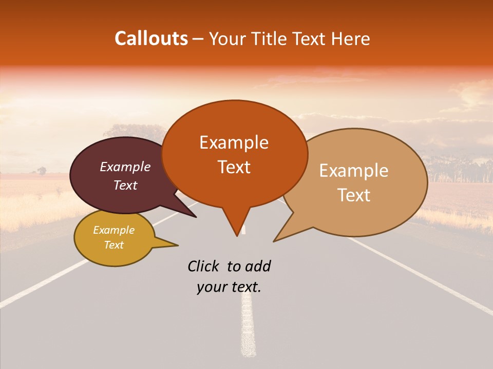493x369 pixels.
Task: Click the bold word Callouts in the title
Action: tap(151, 38)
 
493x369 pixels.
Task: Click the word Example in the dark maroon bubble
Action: tap(125, 167)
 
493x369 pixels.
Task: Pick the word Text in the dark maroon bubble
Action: tap(125, 185)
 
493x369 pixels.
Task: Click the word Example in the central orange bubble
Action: tap(234, 142)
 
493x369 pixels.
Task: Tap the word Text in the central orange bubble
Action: tap(234, 167)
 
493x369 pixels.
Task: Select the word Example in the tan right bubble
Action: tap(354, 171)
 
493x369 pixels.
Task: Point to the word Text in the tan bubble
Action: tap(354, 195)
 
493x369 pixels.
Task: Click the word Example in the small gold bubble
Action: tap(113, 230)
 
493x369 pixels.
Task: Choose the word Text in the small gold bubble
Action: tap(113, 245)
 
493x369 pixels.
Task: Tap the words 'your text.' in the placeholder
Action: tap(229, 288)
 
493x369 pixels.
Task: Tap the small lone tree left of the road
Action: tap(41, 171)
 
